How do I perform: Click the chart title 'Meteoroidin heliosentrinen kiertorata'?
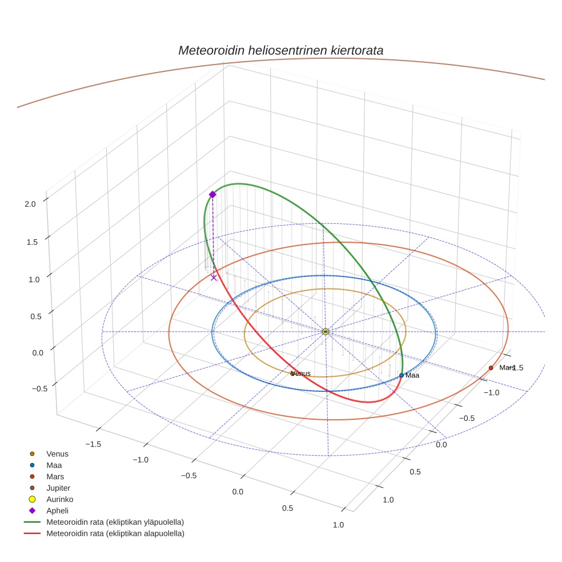click(x=280, y=50)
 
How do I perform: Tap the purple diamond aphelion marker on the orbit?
click(x=212, y=195)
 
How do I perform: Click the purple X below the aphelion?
click(x=214, y=278)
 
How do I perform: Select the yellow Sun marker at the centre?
click(x=325, y=332)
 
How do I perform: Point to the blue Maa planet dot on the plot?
click(x=402, y=375)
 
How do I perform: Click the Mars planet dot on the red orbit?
click(x=491, y=368)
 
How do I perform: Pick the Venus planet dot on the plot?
click(x=292, y=374)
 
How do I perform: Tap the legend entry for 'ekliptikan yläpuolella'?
click(x=115, y=522)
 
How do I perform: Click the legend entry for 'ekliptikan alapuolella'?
click(x=115, y=533)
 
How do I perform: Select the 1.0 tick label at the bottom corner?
click(x=338, y=525)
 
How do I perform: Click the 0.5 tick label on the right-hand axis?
click(x=415, y=472)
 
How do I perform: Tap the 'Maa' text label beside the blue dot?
click(x=412, y=375)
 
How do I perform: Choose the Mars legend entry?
click(x=55, y=476)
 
